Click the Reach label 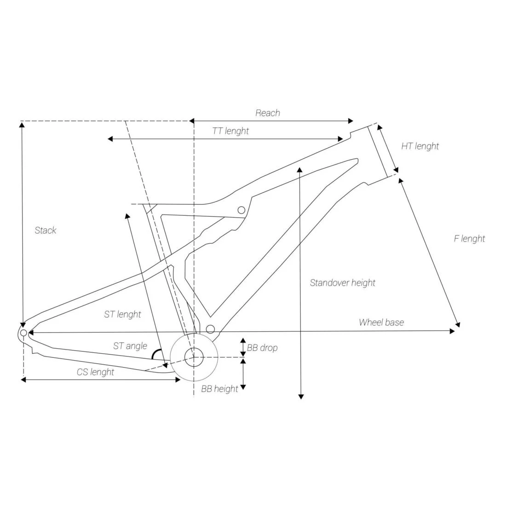268,113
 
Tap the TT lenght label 230,131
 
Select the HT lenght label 420,146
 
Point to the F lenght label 469,238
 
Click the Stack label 46,230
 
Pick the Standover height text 342,283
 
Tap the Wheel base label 381,322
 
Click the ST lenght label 123,314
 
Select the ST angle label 130,346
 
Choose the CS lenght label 96,372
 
